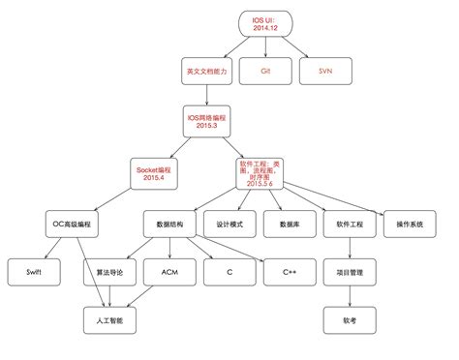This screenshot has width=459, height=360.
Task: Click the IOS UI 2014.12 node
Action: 265,23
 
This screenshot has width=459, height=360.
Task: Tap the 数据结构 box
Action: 169,225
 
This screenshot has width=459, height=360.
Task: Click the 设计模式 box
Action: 229,225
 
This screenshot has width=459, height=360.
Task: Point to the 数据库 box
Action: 290,225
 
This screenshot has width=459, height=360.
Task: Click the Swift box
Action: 35,273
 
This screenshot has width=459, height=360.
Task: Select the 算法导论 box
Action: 110,273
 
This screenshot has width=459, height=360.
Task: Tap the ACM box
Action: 169,273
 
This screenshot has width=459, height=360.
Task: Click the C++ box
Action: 290,273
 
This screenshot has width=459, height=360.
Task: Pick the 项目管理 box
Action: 350,273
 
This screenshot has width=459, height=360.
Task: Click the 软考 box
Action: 350,319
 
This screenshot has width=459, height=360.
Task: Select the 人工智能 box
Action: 110,319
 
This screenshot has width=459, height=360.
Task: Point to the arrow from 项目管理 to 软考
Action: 350,296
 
